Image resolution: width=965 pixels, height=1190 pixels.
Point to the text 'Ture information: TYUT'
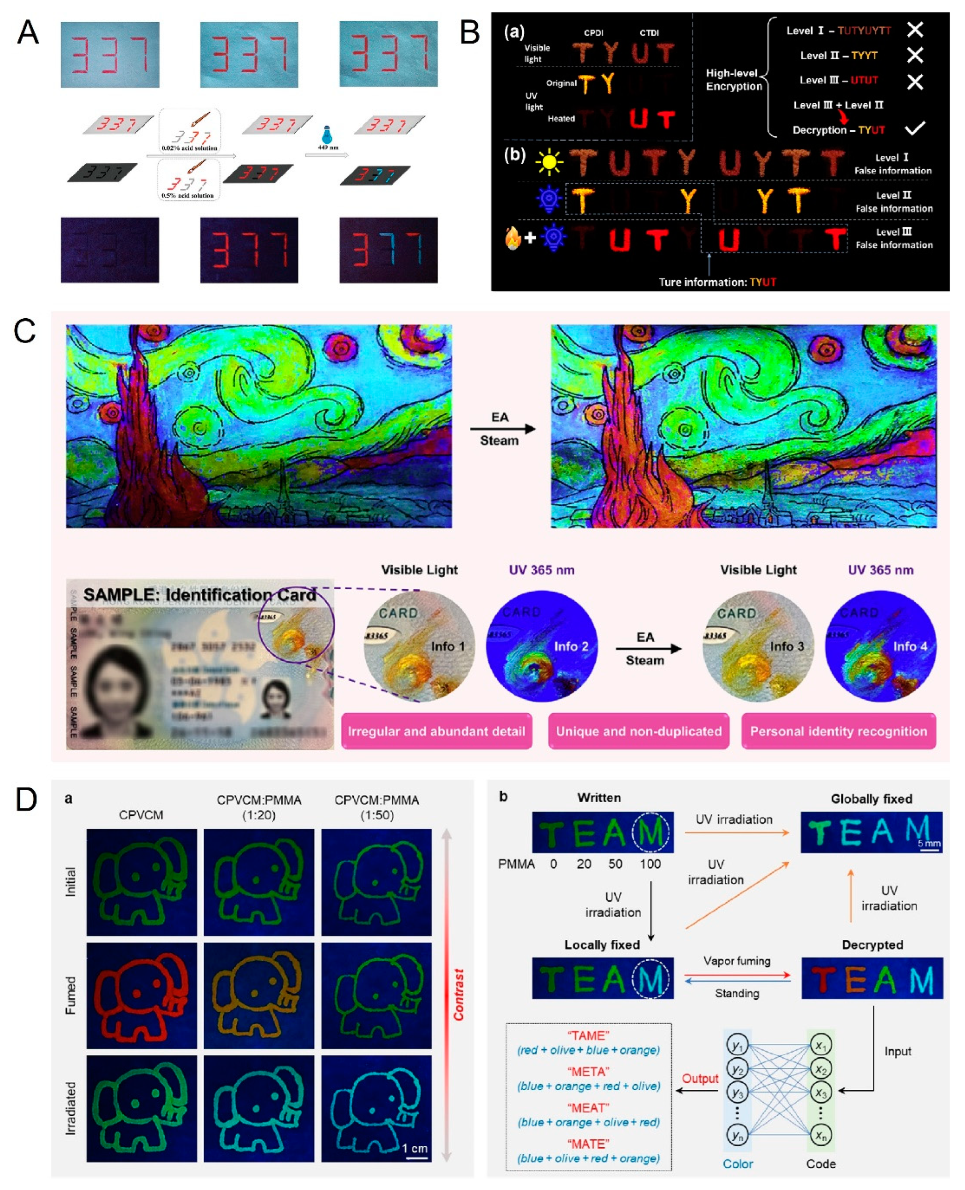(x=717, y=282)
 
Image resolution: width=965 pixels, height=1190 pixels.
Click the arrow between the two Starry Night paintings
(x=502, y=429)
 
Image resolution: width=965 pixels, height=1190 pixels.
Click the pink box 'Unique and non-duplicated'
(x=638, y=731)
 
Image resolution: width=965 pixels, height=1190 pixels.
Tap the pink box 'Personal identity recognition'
(x=838, y=731)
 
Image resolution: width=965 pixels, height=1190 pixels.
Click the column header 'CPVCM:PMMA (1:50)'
(x=376, y=807)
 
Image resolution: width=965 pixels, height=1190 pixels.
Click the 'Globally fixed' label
(x=871, y=799)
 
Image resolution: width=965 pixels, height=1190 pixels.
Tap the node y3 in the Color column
(x=737, y=1093)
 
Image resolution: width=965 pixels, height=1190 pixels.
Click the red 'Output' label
(x=700, y=1078)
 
